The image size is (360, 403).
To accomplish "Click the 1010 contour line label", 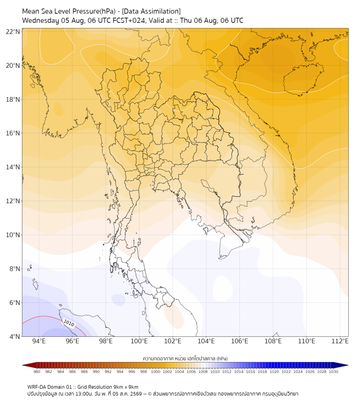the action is click(69, 323).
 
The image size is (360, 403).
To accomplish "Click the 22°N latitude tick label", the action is click(13, 31).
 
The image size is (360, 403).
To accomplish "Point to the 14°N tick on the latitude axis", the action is click(13, 167).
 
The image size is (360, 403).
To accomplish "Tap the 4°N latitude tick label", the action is click(14, 336).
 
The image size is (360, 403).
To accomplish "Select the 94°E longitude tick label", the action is click(39, 341).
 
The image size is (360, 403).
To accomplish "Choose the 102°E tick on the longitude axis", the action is click(173, 341).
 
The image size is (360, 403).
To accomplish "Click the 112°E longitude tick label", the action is click(340, 341).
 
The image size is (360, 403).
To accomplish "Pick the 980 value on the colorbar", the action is click(37, 372).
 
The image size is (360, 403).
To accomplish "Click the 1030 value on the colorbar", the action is click(333, 372).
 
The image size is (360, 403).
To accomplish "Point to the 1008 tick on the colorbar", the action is click(203, 372).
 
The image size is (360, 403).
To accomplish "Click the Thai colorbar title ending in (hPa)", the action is click(185, 358).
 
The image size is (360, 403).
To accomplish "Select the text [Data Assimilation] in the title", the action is click(151, 11).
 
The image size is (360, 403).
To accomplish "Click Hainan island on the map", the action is click(303, 79).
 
